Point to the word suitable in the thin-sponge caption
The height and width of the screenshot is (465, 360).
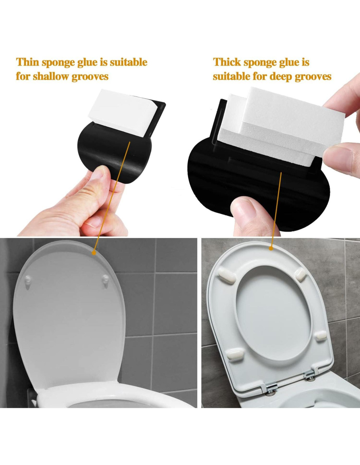pos(129,62)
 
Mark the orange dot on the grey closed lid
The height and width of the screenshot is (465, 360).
pos(94,253)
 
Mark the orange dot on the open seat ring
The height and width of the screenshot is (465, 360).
pos(271,249)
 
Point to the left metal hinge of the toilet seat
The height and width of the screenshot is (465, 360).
pos(272,393)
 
